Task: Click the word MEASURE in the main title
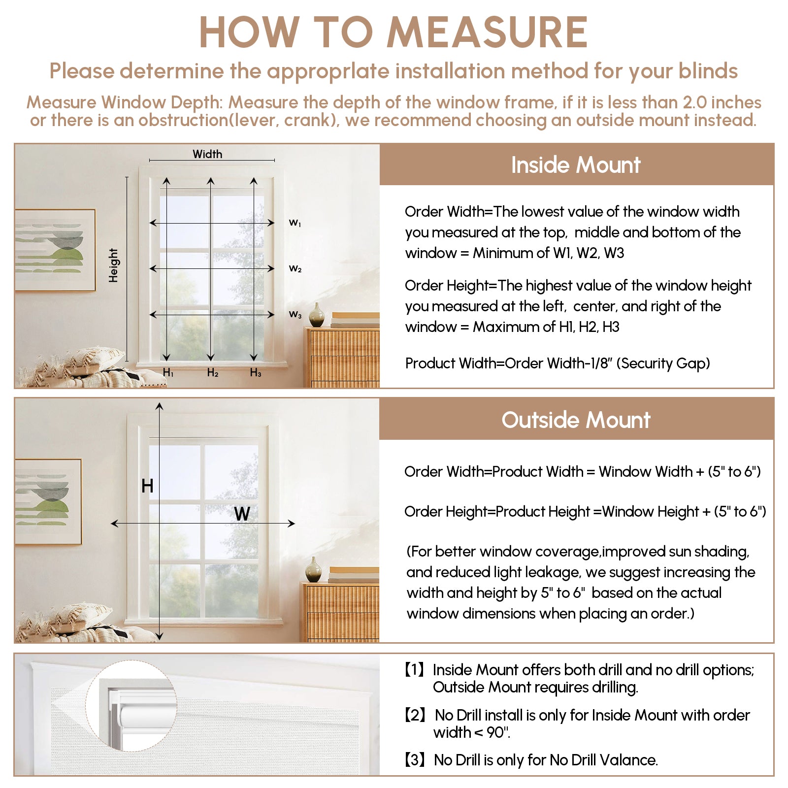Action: click(487, 33)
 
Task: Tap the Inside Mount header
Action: click(576, 165)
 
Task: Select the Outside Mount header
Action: click(576, 420)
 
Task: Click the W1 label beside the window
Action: click(295, 223)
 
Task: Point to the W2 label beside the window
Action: click(295, 269)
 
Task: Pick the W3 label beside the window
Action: click(295, 314)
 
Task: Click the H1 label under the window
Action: click(168, 373)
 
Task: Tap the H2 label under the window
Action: click(213, 373)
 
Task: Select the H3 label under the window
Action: click(256, 373)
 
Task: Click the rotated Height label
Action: click(114, 265)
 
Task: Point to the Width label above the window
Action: click(207, 154)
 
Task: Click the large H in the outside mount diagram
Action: click(147, 486)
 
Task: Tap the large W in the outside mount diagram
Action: click(242, 514)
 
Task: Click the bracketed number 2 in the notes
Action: click(414, 715)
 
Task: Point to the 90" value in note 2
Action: click(497, 733)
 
